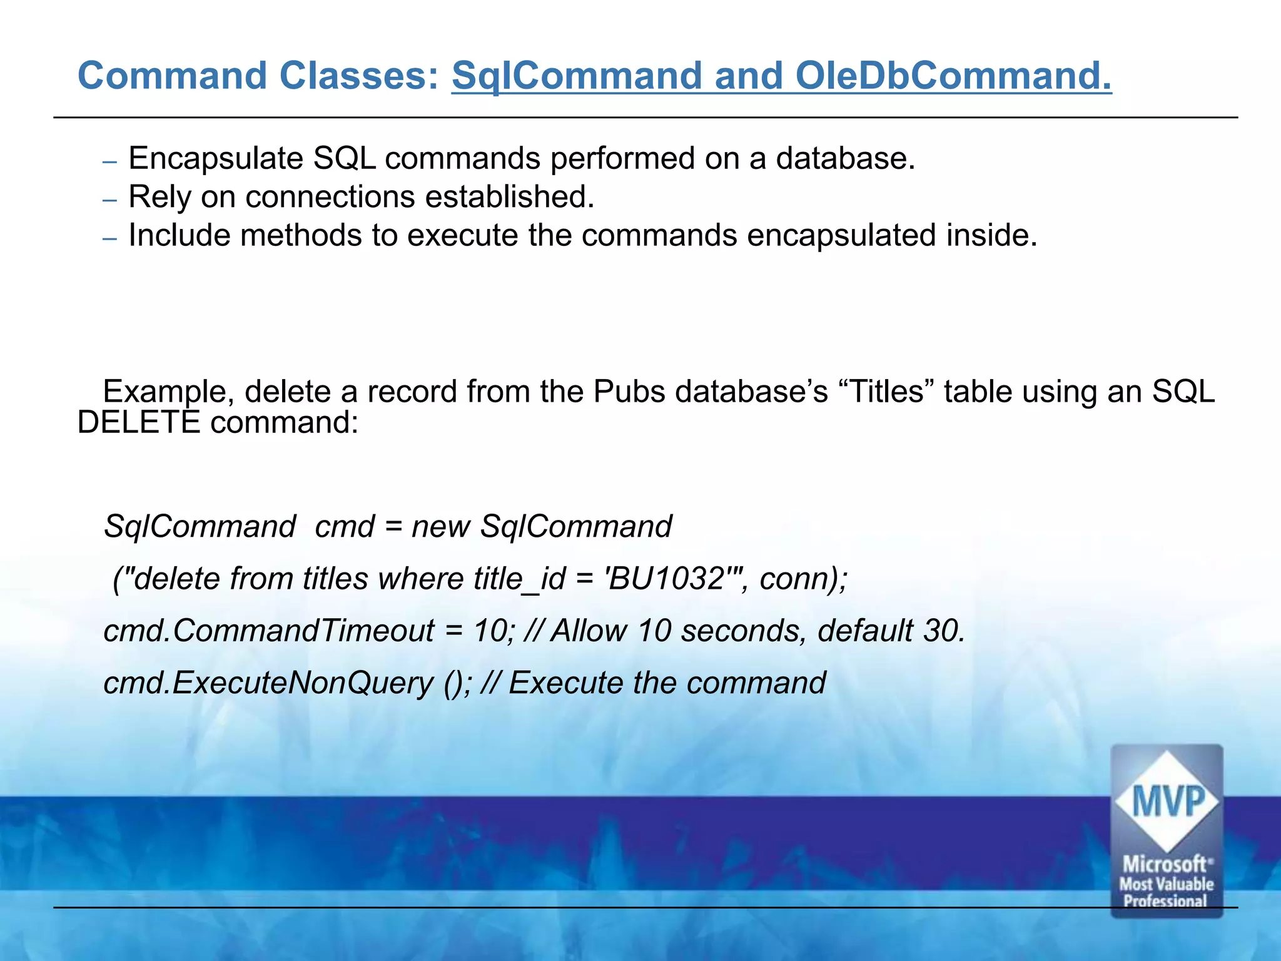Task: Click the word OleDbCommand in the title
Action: (953, 76)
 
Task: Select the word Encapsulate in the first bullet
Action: (216, 158)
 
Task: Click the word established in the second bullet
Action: (509, 197)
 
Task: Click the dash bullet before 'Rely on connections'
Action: (109, 200)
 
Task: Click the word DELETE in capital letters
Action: (138, 422)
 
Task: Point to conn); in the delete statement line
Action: (803, 579)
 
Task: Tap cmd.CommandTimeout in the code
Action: (268, 631)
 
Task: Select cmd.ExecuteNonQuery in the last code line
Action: (268, 683)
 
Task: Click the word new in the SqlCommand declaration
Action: (440, 526)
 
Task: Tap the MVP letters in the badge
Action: (1167, 802)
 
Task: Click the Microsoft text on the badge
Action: (1165, 865)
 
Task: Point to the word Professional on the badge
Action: (1165, 902)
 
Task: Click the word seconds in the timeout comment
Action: (742, 631)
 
